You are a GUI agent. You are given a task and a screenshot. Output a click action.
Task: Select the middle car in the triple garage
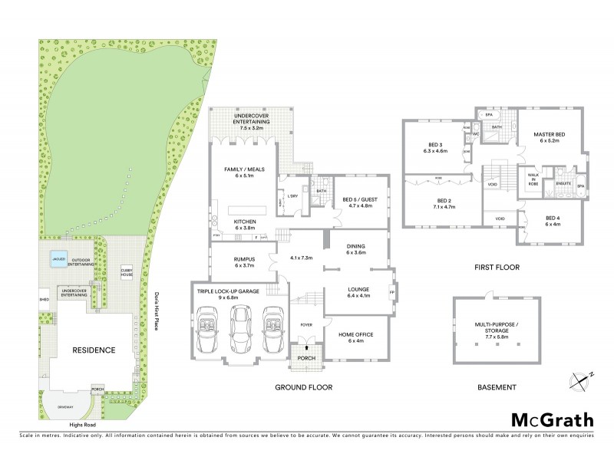(x=240, y=325)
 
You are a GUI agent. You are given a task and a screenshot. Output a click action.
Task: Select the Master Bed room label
(x=550, y=137)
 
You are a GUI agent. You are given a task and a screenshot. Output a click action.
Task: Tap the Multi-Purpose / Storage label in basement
(x=494, y=332)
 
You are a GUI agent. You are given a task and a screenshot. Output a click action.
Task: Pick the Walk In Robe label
(x=533, y=179)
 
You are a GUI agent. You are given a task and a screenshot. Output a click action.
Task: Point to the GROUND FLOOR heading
(x=303, y=387)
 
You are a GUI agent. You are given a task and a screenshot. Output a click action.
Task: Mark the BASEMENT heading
(x=496, y=387)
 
